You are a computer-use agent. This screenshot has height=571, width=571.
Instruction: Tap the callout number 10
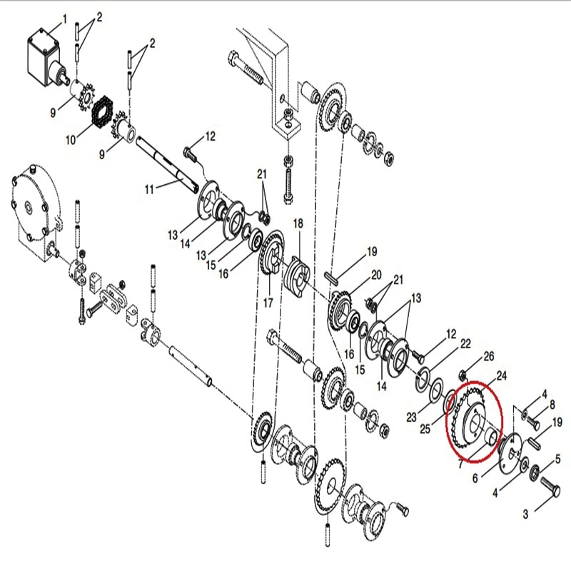pyautogui.click(x=70, y=140)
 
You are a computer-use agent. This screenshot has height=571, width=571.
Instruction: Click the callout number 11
pyautogui.click(x=148, y=189)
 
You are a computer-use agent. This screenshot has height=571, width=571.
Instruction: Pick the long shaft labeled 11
pyautogui.click(x=168, y=164)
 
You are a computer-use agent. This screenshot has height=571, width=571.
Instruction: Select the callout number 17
pyautogui.click(x=268, y=303)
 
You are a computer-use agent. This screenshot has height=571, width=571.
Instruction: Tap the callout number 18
pyautogui.click(x=298, y=223)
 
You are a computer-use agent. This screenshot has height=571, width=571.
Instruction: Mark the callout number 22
pyautogui.click(x=465, y=344)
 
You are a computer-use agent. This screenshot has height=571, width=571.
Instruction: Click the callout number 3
pyautogui.click(x=525, y=513)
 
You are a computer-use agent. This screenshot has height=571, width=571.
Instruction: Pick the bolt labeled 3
pyautogui.click(x=550, y=493)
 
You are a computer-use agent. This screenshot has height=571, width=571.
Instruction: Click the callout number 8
pyautogui.click(x=551, y=405)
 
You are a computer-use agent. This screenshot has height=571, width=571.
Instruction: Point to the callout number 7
pyautogui.click(x=460, y=464)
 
